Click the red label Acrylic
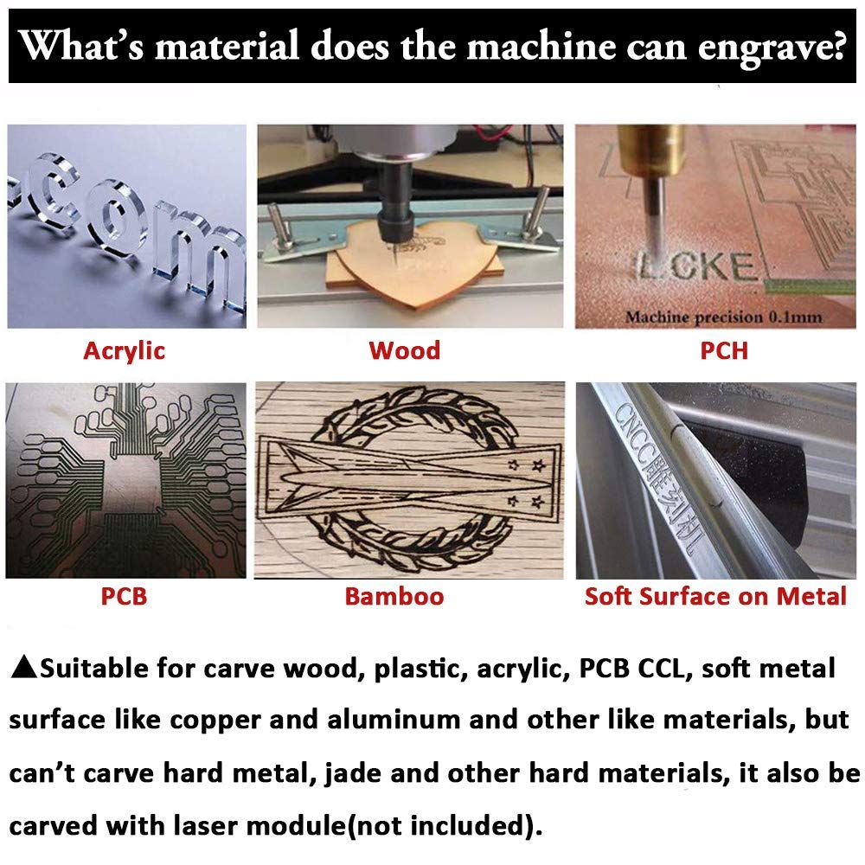click(x=124, y=351)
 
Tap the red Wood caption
click(x=404, y=351)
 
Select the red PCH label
click(x=724, y=351)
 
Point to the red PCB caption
click(x=124, y=596)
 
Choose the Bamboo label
click(x=394, y=596)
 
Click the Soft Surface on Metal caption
click(x=715, y=596)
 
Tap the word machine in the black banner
click(x=541, y=45)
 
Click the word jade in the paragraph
click(x=353, y=773)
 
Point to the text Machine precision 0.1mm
click(x=724, y=317)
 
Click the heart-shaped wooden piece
click(x=413, y=270)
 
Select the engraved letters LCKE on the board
click(x=696, y=267)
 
